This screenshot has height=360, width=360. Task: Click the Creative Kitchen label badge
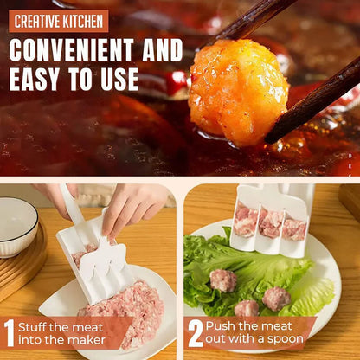59,20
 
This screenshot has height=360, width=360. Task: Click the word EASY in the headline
41,79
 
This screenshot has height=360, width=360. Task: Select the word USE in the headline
118,79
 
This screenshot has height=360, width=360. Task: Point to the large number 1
10,333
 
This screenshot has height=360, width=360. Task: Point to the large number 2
195,333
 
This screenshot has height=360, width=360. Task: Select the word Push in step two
224,327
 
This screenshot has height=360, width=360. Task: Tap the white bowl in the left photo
17,225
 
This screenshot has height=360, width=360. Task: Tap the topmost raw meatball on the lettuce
223,280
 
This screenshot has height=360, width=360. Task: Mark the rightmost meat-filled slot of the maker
294,228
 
